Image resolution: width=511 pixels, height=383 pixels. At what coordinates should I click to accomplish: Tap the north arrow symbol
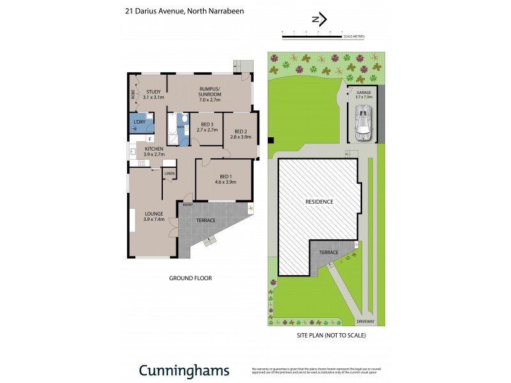pos(318,19)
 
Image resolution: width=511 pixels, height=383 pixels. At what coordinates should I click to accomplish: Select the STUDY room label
pos(153,94)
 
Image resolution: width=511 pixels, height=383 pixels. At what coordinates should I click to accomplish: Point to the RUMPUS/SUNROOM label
pos(210,94)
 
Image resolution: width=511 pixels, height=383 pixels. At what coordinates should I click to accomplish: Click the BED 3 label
pos(207,126)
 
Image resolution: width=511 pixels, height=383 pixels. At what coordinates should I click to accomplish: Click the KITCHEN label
pos(154,151)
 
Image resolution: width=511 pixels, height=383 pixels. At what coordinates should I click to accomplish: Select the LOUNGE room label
pos(154,216)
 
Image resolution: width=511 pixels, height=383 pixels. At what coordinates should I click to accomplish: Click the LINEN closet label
pos(169,174)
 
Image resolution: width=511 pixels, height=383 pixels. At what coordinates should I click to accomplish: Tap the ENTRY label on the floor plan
pos(188,205)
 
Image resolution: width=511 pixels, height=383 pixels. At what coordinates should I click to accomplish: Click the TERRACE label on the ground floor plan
pos(206,220)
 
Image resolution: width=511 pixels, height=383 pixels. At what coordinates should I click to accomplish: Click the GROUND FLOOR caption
pos(190,278)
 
